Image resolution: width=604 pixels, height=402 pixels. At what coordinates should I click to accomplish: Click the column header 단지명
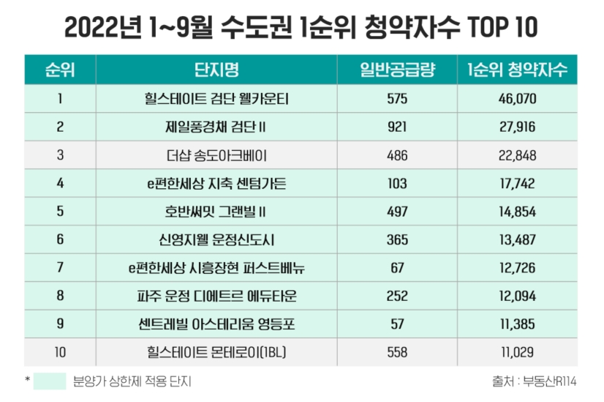216,70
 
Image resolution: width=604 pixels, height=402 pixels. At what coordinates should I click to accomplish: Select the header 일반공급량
397,70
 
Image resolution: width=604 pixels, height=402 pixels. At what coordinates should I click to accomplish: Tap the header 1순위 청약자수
518,70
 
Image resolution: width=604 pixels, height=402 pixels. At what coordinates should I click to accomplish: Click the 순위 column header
60,70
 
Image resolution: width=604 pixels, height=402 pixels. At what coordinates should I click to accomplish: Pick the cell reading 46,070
518,99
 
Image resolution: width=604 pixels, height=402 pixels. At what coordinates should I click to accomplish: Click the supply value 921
397,127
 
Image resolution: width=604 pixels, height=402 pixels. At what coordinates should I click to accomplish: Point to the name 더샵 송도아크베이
216,155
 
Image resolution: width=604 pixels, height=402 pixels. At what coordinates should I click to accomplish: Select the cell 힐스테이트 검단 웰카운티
216,99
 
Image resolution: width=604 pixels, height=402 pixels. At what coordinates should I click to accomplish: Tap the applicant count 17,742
518,183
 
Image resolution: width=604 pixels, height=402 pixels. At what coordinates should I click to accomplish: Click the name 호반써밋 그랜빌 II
216,212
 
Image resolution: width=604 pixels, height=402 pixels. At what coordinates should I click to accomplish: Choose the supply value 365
397,239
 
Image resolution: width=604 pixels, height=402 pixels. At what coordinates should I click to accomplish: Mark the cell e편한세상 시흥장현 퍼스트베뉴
216,268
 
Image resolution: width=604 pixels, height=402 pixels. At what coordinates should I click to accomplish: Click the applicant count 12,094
518,296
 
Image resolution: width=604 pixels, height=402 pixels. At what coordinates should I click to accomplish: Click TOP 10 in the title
503,28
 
